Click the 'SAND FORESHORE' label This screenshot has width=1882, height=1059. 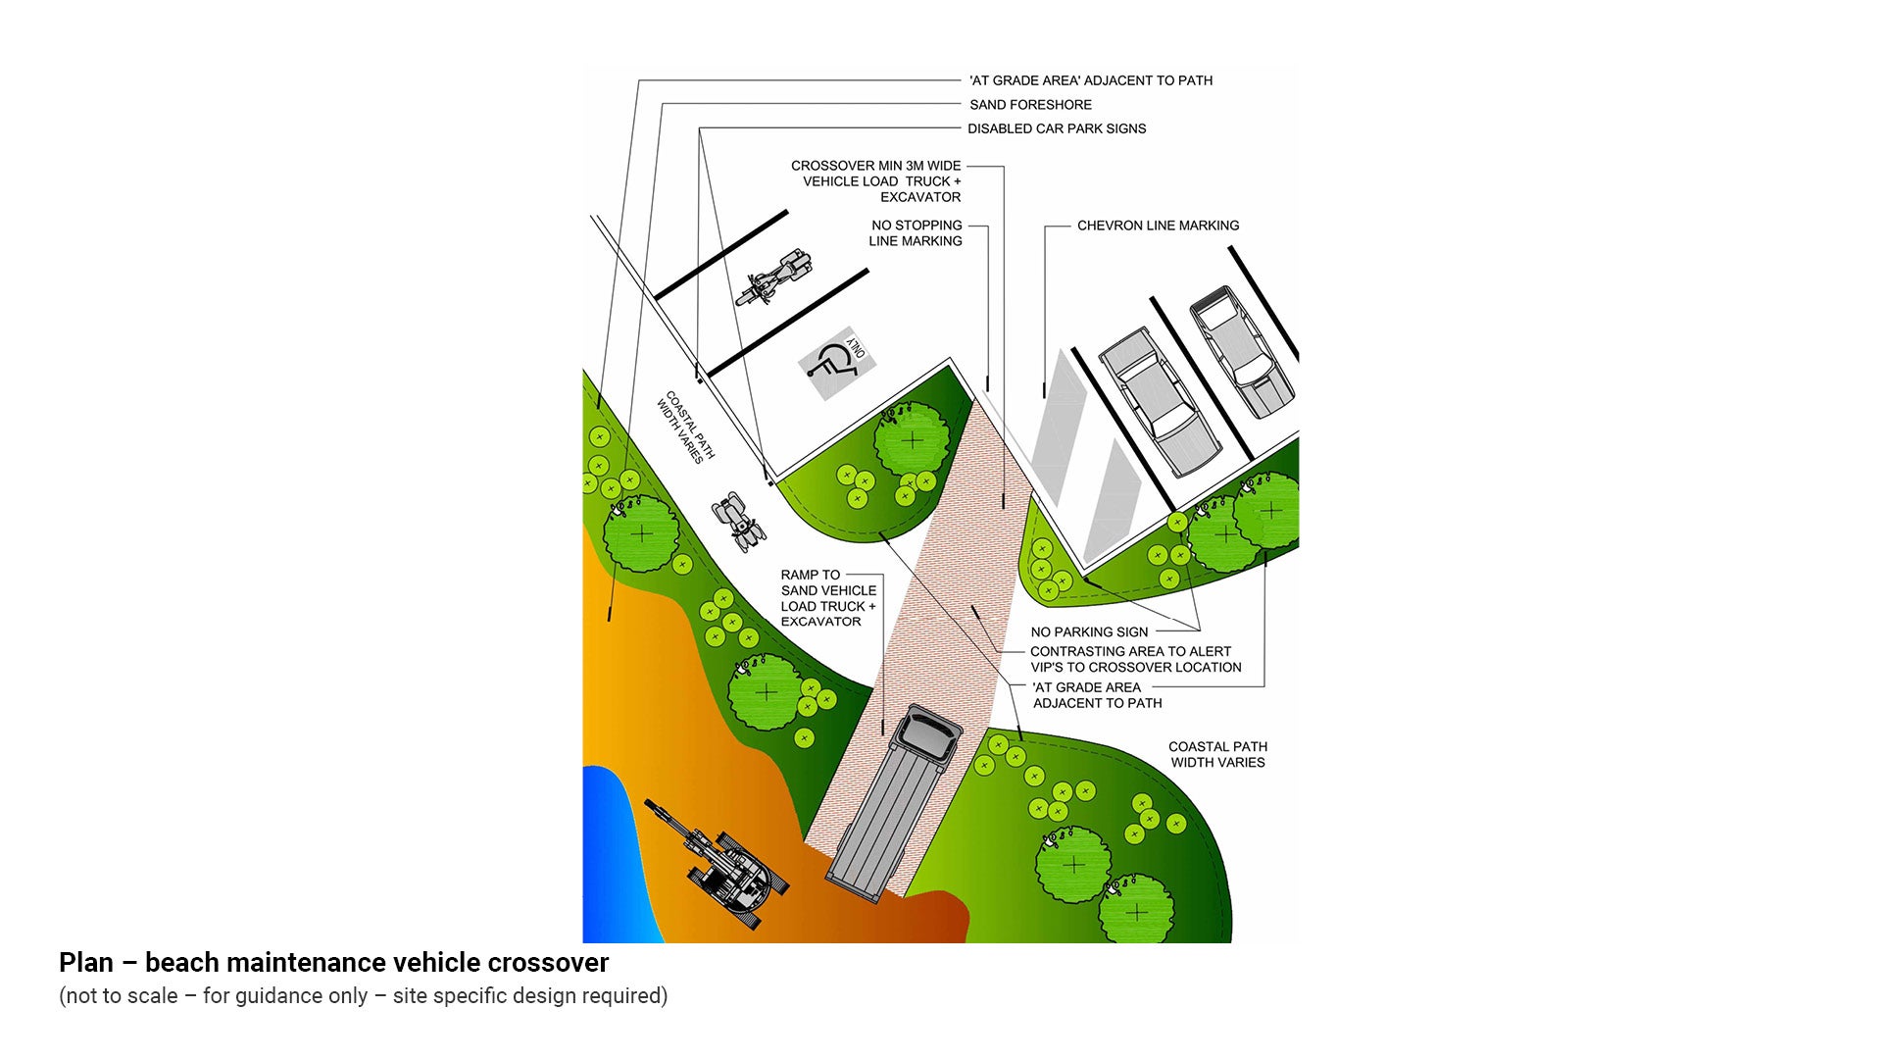pyautogui.click(x=1030, y=105)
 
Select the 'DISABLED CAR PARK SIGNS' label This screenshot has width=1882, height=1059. pyautogui.click(x=1057, y=128)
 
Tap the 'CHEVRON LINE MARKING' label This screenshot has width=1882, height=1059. pyautogui.click(x=1158, y=226)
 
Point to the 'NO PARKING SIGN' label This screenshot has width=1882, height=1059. pyautogui.click(x=1089, y=632)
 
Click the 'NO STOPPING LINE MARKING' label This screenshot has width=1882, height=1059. pyautogui.click(x=916, y=233)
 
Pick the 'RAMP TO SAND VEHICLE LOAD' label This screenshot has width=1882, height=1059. pyautogui.click(x=828, y=598)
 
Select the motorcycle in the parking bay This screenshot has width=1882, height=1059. pyautogui.click(x=774, y=277)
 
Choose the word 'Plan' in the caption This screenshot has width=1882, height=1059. pyautogui.click(x=86, y=963)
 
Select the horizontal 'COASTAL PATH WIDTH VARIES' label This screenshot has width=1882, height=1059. pyautogui.click(x=1217, y=755)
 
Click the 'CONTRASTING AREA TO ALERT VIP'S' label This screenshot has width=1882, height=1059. pyautogui.click(x=1135, y=660)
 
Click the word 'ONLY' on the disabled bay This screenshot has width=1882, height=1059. pyautogui.click(x=856, y=347)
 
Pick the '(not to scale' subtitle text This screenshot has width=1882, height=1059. pyautogui.click(x=119, y=996)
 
